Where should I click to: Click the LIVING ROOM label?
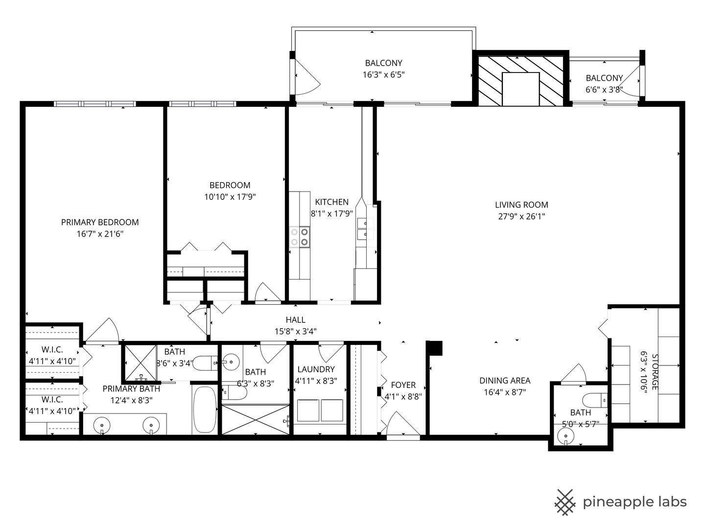pyautogui.click(x=521, y=205)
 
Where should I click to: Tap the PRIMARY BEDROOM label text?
pyautogui.click(x=100, y=222)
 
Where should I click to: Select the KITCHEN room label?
pyautogui.click(x=331, y=202)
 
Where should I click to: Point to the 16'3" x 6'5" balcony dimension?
pyautogui.click(x=383, y=75)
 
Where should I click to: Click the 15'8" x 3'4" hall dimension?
pyautogui.click(x=296, y=331)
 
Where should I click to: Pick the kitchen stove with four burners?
pyautogui.click(x=299, y=237)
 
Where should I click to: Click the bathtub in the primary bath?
pyautogui.click(x=205, y=409)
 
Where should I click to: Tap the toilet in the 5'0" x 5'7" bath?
pyautogui.click(x=594, y=401)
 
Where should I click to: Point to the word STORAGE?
pyautogui.click(x=655, y=372)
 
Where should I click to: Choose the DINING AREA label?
pyautogui.click(x=505, y=381)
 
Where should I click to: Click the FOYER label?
pyautogui.click(x=403, y=385)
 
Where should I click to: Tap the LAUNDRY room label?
pyautogui.click(x=316, y=369)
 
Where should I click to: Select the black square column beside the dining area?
pyautogui.click(x=436, y=348)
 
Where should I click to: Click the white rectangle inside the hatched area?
pyautogui.click(x=520, y=89)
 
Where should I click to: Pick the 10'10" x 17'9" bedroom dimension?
pyautogui.click(x=230, y=197)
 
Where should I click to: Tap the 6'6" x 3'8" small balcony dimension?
pyautogui.click(x=604, y=90)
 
